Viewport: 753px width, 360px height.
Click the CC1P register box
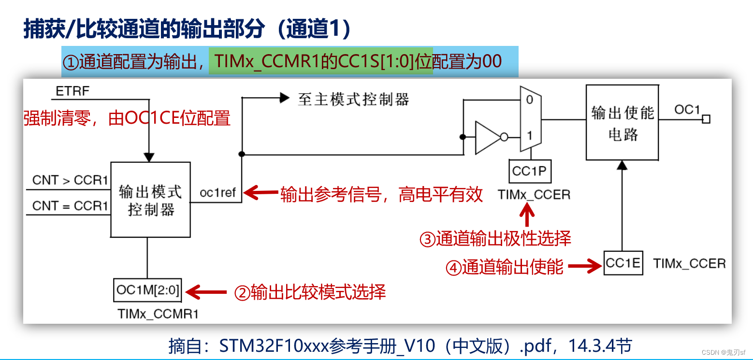[x=530, y=171]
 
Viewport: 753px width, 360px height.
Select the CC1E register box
[x=623, y=263]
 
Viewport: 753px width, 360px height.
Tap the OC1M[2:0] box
[x=147, y=290]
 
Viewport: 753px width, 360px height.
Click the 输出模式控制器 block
[x=150, y=200]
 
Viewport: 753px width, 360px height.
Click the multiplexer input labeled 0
[x=529, y=100]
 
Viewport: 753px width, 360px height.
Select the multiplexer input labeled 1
[x=529, y=136]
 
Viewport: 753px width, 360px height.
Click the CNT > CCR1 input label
[x=70, y=180]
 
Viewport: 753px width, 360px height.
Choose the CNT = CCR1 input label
[x=70, y=206]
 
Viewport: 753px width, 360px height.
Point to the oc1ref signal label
[x=217, y=193]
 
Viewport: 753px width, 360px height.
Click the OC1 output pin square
[x=706, y=119]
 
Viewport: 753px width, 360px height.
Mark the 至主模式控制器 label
[x=353, y=100]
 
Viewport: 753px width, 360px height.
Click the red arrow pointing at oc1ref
[x=261, y=193]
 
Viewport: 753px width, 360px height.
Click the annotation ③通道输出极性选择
[x=495, y=239]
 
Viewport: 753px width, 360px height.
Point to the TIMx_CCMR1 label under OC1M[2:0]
[x=158, y=314]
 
